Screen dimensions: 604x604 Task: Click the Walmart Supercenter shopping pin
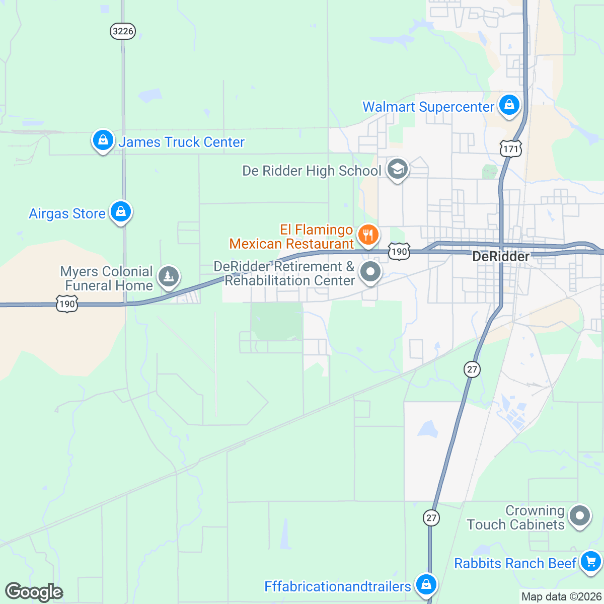pos(509,106)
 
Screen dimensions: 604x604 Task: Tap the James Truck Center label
pos(181,142)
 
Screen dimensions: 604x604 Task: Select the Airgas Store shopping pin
pos(121,212)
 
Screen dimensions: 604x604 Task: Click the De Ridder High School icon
pos(398,169)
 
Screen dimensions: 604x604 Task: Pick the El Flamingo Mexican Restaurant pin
pos(368,235)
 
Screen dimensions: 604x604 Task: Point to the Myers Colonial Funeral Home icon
pos(169,276)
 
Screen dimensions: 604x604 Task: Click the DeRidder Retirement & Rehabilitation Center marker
pos(371,272)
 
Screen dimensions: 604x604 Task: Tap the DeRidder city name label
pos(501,257)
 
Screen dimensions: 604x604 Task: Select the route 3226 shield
pos(123,31)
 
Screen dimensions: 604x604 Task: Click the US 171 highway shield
pos(511,148)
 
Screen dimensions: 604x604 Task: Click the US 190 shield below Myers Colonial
pos(67,304)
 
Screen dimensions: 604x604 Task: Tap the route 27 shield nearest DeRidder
pos(472,369)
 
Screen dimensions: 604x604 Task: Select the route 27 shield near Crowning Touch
pos(431,517)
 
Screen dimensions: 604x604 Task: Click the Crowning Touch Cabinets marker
pos(580,516)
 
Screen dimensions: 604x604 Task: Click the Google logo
pos(34,592)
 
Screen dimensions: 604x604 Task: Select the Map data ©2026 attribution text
pos(561,597)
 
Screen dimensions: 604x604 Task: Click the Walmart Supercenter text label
pos(428,107)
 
